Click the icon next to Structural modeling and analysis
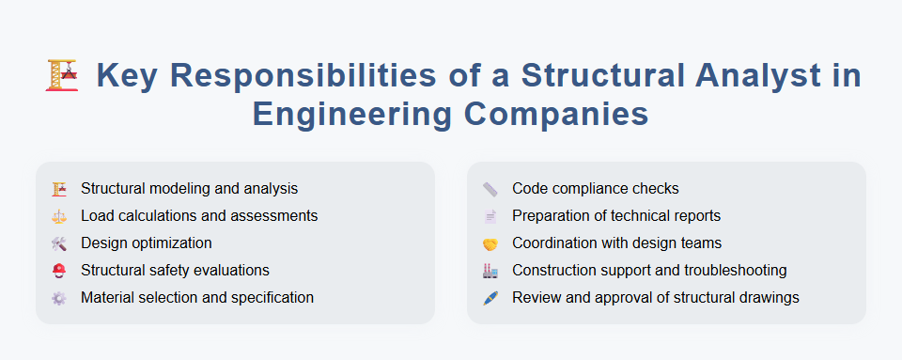pyautogui.click(x=59, y=189)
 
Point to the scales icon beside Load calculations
pyautogui.click(x=59, y=216)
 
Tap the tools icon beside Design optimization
pyautogui.click(x=59, y=243)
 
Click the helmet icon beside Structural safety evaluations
pyautogui.click(x=59, y=271)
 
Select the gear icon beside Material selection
pyautogui.click(x=59, y=298)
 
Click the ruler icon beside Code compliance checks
pyautogui.click(x=490, y=189)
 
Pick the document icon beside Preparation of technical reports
pyautogui.click(x=490, y=216)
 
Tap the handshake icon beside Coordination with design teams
pyautogui.click(x=490, y=243)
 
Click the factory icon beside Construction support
pyautogui.click(x=490, y=271)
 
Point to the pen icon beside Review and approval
pyautogui.click(x=490, y=298)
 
